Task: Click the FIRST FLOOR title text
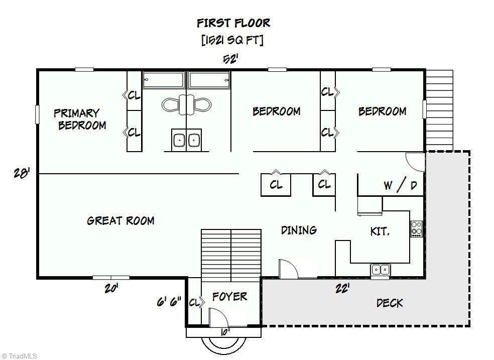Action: point(233,23)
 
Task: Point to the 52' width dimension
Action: point(230,59)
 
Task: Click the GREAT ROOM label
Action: point(120,220)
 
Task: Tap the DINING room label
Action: point(299,230)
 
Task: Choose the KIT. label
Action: point(380,231)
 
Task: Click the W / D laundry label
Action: point(400,185)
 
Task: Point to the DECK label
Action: point(390,303)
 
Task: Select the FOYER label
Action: point(229,296)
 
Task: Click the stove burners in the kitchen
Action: point(416,228)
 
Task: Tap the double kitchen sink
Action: point(380,270)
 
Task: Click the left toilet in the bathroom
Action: point(171,104)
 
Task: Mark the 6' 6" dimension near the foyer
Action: point(169,302)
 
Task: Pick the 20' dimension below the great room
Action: point(111,288)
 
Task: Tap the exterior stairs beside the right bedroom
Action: point(439,110)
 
